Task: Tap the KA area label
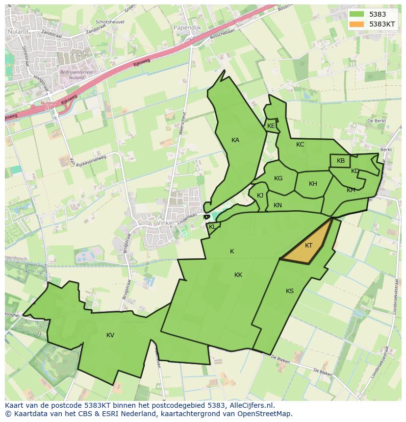coord(235,140)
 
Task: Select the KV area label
coord(110,335)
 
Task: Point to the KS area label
coord(290,291)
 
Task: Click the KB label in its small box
coord(341,161)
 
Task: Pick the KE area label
coord(271,126)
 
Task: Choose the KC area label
coord(300,145)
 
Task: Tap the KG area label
coord(279,178)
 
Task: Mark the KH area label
coord(313,184)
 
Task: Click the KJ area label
coord(260,196)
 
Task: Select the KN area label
coord(278,205)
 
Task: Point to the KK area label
coord(238,275)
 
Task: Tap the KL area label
coord(212,227)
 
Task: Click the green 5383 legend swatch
coord(356,15)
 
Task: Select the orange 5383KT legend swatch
coord(356,24)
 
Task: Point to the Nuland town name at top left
coord(18,31)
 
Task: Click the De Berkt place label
coord(377,121)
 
